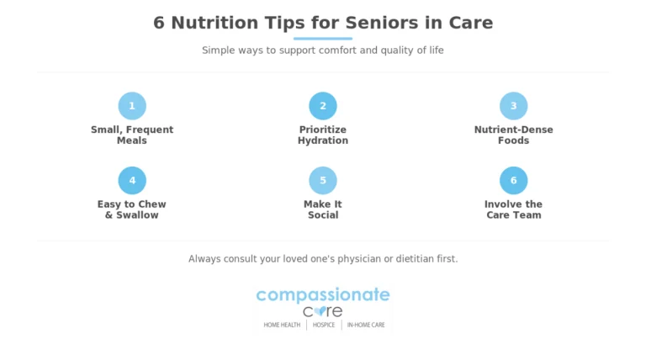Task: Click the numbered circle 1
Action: click(132, 106)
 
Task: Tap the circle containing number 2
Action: click(323, 106)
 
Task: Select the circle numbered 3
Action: click(514, 106)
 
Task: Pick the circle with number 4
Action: click(132, 180)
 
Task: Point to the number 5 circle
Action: click(323, 180)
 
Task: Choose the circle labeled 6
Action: click(514, 180)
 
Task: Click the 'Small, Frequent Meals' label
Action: click(132, 135)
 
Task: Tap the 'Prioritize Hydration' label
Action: click(323, 135)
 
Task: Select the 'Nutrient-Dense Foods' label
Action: click(514, 135)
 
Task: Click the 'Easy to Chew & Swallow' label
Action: click(132, 209)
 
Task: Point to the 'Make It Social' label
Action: click(323, 209)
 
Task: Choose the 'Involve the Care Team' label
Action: click(514, 209)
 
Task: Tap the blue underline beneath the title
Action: click(323, 39)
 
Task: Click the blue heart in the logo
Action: click(320, 310)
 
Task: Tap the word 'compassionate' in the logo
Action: click(323, 295)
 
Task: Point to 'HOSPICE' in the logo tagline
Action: click(324, 325)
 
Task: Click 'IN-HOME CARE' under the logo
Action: click(366, 325)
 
